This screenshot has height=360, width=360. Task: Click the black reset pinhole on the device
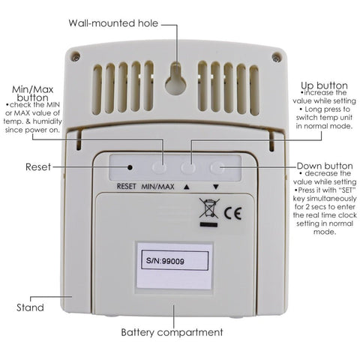point(130,167)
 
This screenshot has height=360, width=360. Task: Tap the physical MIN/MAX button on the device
point(160,167)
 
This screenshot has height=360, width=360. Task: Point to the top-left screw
point(75,57)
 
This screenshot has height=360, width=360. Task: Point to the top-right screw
point(276,57)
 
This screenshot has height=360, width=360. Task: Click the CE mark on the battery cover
point(232,213)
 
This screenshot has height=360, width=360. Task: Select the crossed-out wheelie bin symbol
point(209,208)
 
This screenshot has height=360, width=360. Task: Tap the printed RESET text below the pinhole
point(127,186)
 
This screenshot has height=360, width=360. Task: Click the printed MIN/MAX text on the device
point(157,186)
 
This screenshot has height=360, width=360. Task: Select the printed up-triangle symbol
point(186,187)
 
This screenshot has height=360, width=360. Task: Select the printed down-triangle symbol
point(216,187)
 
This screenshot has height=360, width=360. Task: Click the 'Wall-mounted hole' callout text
point(113,23)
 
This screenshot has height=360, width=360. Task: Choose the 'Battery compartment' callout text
point(172,332)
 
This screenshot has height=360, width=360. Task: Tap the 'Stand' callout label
point(30,307)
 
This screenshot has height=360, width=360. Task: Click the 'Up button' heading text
point(324,85)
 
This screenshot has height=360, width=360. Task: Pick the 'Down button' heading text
point(325,166)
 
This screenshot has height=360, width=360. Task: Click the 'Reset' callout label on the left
point(38,166)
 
